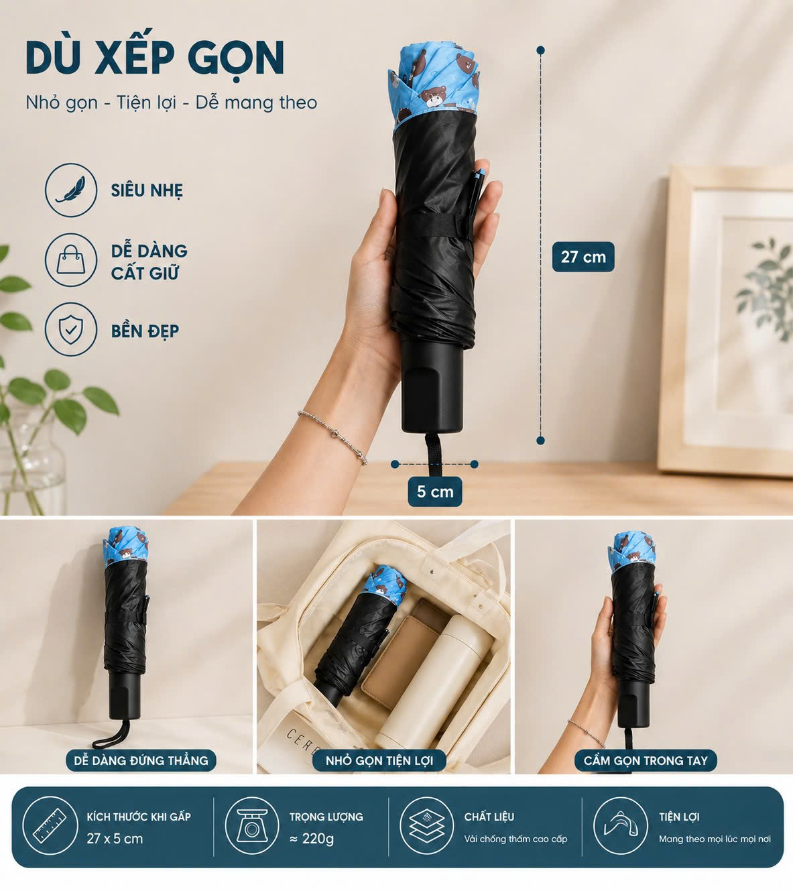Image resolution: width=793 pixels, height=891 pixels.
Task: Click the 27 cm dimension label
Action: pyautogui.click(x=583, y=256)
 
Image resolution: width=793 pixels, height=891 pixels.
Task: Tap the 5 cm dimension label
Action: pyautogui.click(x=435, y=491)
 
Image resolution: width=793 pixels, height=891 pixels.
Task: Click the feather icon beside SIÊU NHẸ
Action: pyautogui.click(x=71, y=190)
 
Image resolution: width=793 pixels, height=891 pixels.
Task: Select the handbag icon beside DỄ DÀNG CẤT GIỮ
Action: pyautogui.click(x=71, y=260)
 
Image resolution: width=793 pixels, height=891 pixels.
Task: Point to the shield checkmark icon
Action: pyautogui.click(x=71, y=329)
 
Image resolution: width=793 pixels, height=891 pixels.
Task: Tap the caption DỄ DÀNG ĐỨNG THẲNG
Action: pyautogui.click(x=141, y=760)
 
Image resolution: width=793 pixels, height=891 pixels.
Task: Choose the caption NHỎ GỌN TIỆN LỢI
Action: pyautogui.click(x=379, y=760)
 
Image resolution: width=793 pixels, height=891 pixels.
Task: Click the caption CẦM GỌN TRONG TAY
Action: pyautogui.click(x=646, y=760)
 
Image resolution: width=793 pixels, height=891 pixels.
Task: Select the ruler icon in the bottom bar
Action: pyautogui.click(x=50, y=826)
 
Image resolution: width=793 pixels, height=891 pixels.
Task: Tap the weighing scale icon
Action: pyautogui.click(x=252, y=826)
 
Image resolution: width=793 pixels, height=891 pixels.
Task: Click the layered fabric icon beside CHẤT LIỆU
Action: pyautogui.click(x=426, y=826)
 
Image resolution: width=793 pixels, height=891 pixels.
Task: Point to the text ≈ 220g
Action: pyautogui.click(x=312, y=839)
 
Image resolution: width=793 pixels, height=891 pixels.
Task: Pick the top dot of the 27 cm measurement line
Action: pyautogui.click(x=540, y=50)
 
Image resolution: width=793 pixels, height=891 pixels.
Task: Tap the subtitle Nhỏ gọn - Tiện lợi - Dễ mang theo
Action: pyautogui.click(x=172, y=103)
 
